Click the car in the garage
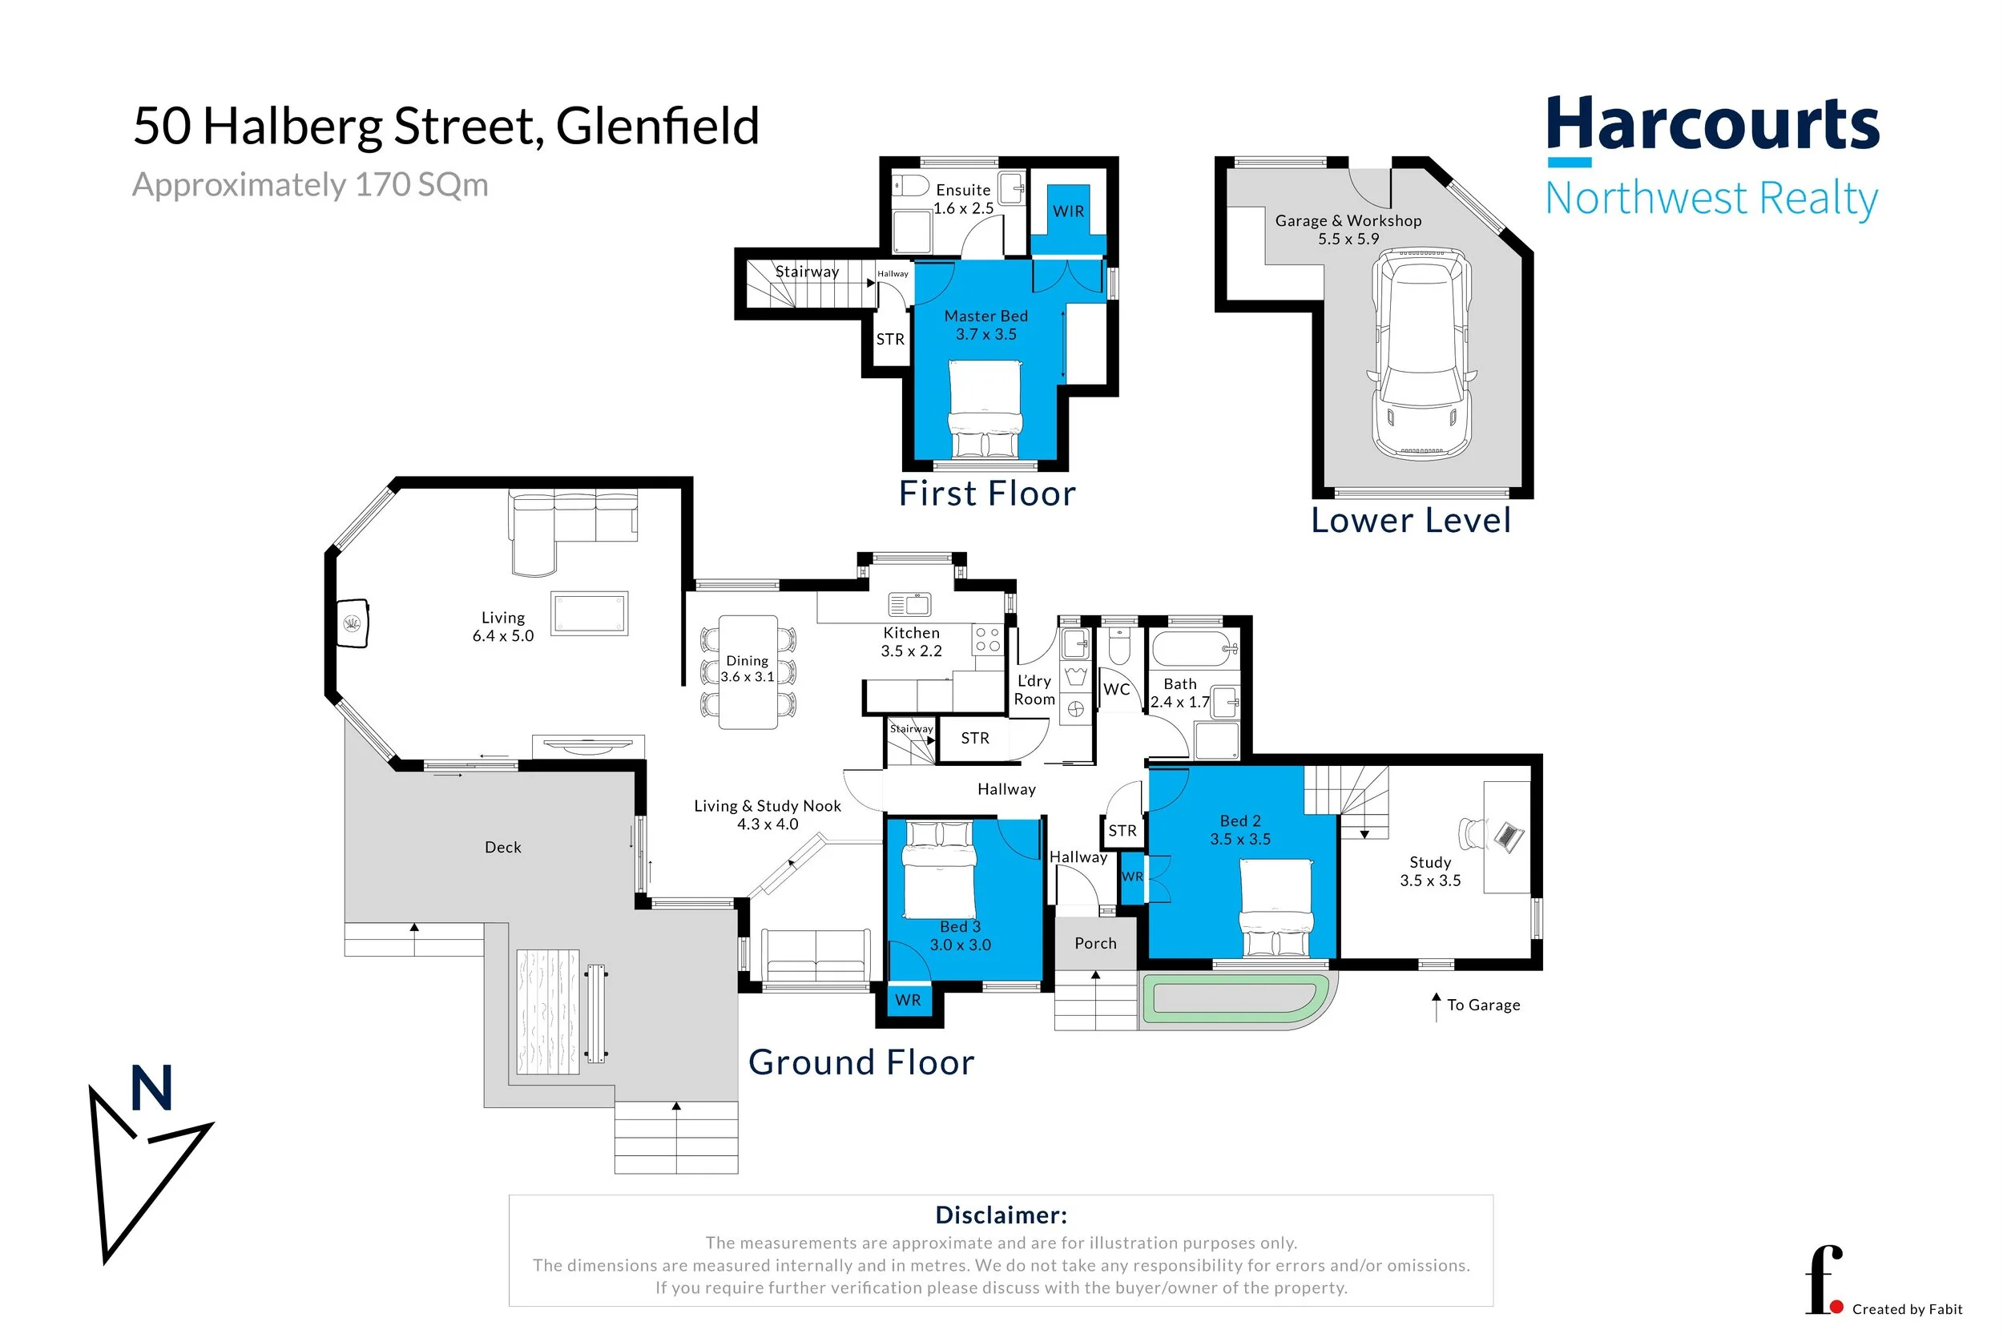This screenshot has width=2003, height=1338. pos(1421,354)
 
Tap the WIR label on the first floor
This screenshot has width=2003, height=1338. pos(1068,212)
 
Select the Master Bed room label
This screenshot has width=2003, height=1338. pos(985,316)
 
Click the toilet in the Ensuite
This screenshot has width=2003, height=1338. pos(910,185)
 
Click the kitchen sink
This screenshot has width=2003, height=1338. pos(909,604)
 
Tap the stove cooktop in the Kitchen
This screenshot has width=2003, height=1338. pos(987,640)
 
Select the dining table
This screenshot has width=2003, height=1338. pos(748,672)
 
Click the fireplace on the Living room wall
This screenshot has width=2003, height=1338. pos(353,624)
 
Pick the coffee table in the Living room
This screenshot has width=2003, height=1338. pos(589,614)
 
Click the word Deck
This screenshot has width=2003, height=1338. pos(502,848)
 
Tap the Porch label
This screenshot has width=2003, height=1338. pos(1095,943)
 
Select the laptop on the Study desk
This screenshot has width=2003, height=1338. pos(1508,836)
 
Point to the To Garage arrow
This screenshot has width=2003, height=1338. pos(1437,1007)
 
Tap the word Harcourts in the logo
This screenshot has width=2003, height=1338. pos(1713,123)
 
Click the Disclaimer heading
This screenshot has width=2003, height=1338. pos(1001,1215)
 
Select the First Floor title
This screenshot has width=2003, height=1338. pos(987,494)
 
